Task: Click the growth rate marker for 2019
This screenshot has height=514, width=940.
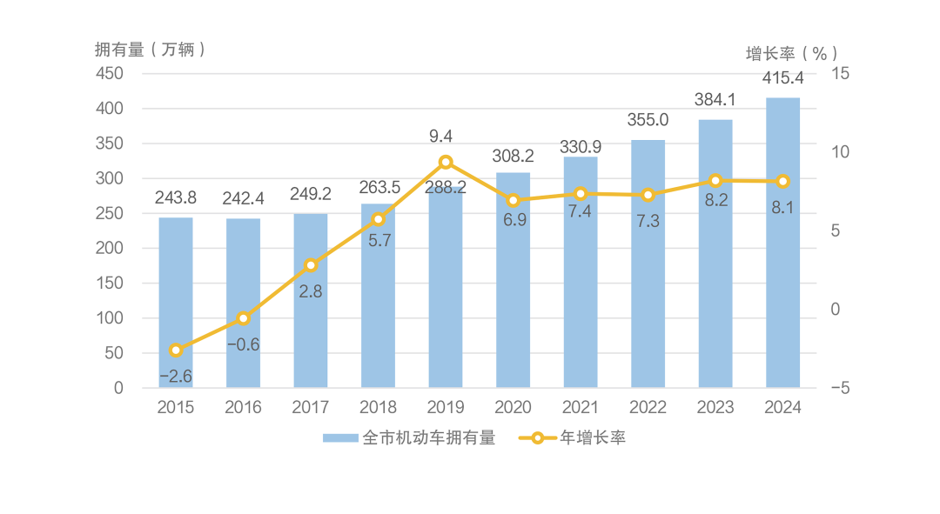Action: click(446, 162)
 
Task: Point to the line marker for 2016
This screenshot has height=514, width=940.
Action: click(243, 318)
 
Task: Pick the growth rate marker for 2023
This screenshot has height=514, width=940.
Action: click(715, 180)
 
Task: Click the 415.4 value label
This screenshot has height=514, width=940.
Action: click(782, 78)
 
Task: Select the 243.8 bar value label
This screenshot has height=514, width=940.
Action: click(176, 197)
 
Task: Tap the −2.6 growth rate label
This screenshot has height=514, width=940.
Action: click(176, 376)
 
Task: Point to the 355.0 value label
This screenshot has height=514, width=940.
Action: click(648, 120)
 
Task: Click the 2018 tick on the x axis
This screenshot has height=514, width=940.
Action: click(378, 407)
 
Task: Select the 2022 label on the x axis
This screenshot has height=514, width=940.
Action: click(648, 407)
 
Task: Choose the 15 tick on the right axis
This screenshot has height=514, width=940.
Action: click(839, 73)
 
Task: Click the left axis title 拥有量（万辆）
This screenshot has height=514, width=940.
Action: click(150, 50)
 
